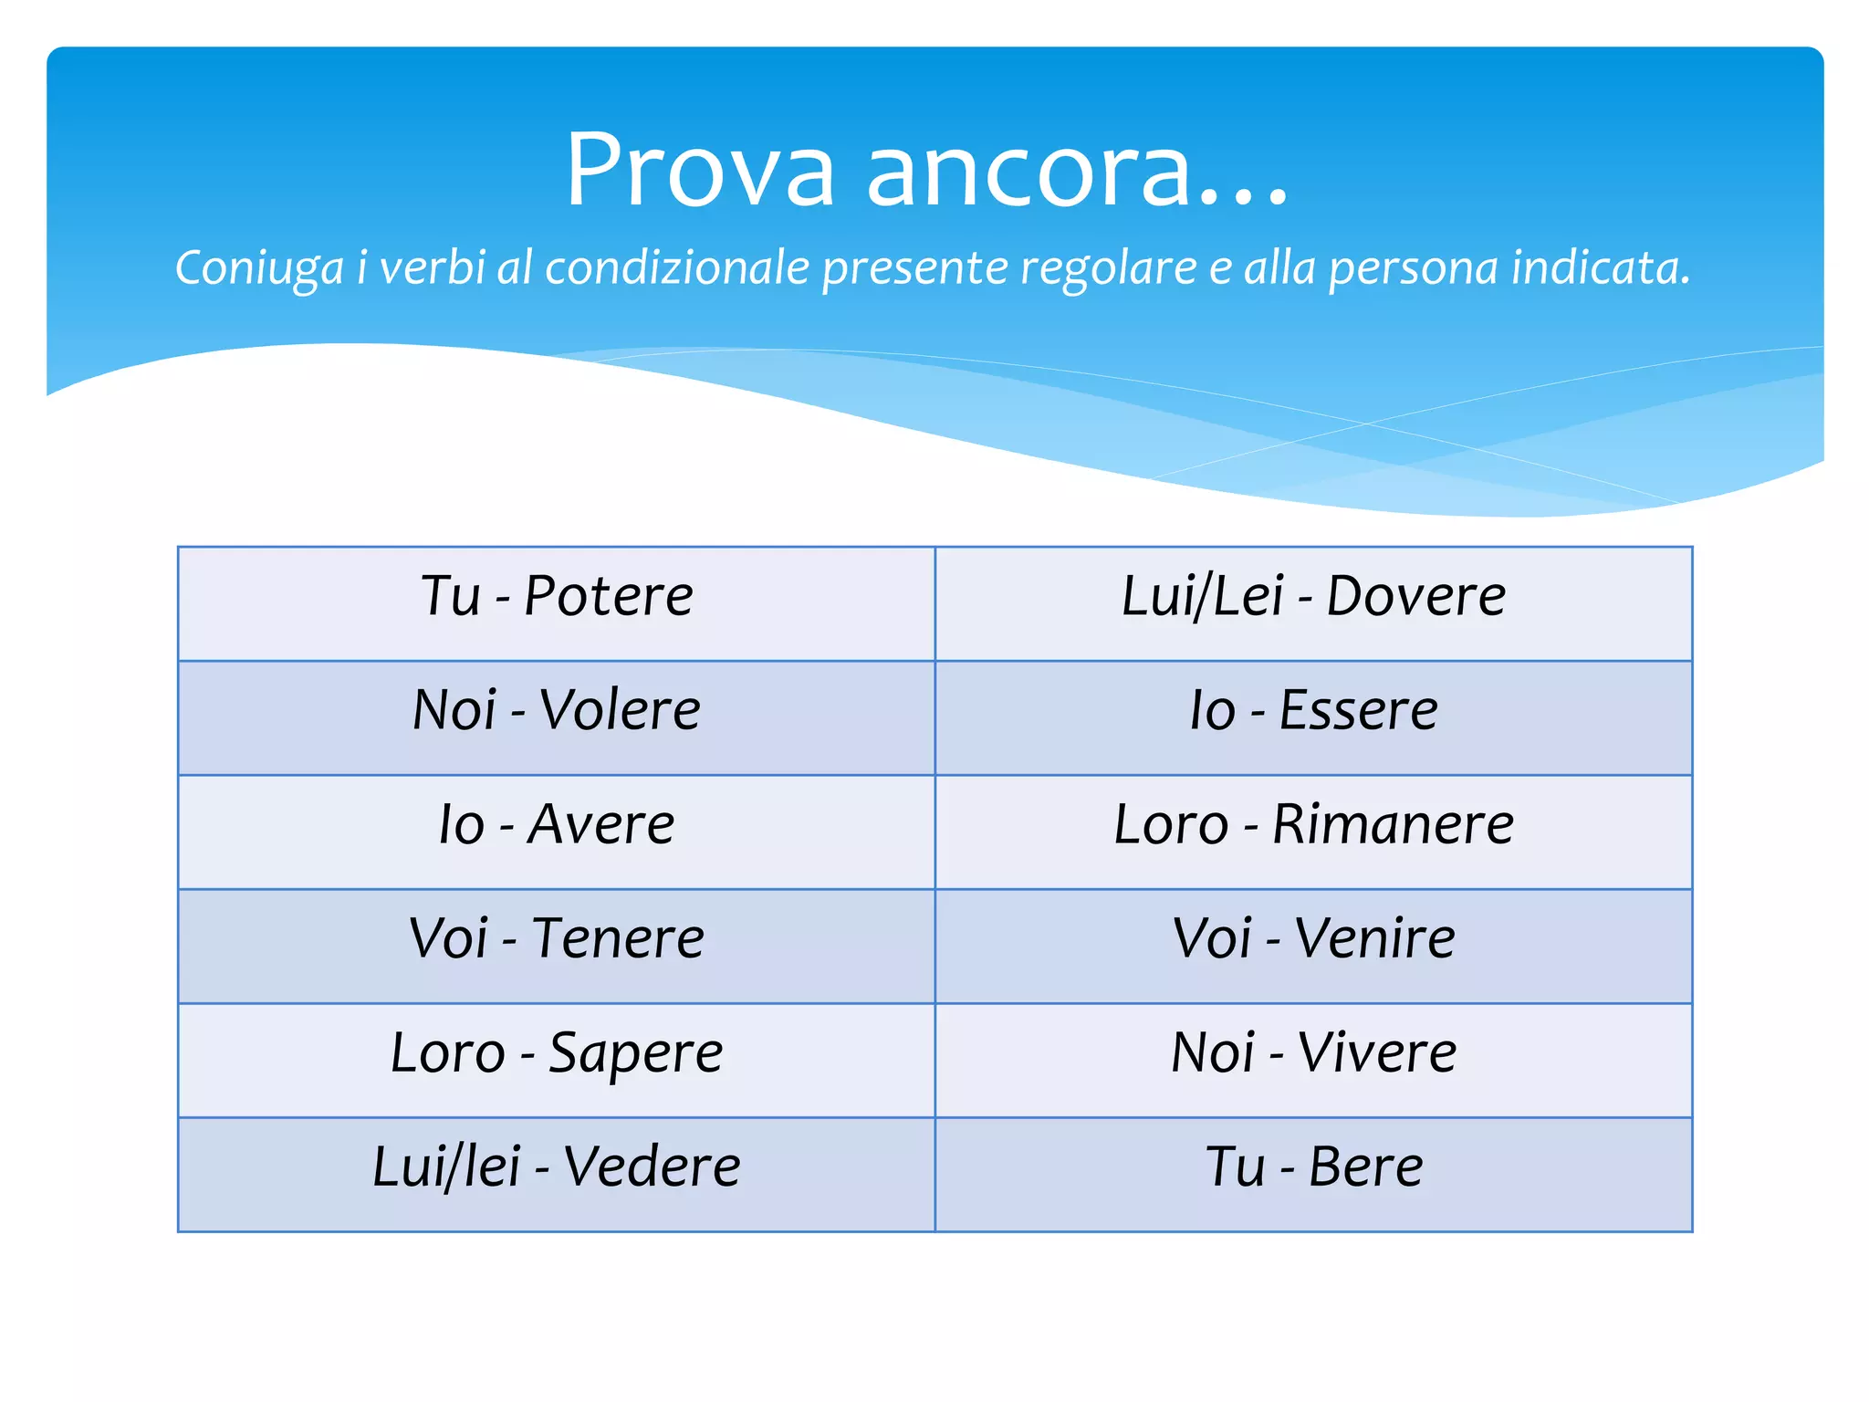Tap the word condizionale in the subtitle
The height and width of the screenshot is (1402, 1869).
tap(677, 267)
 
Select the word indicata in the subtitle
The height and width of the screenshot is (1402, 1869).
tap(1600, 267)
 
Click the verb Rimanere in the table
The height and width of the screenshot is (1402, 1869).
tap(1393, 825)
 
